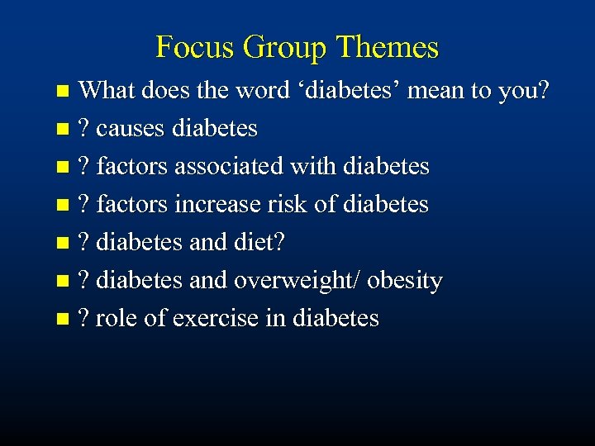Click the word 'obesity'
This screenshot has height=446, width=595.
405,280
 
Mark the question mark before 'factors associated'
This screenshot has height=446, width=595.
83,166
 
